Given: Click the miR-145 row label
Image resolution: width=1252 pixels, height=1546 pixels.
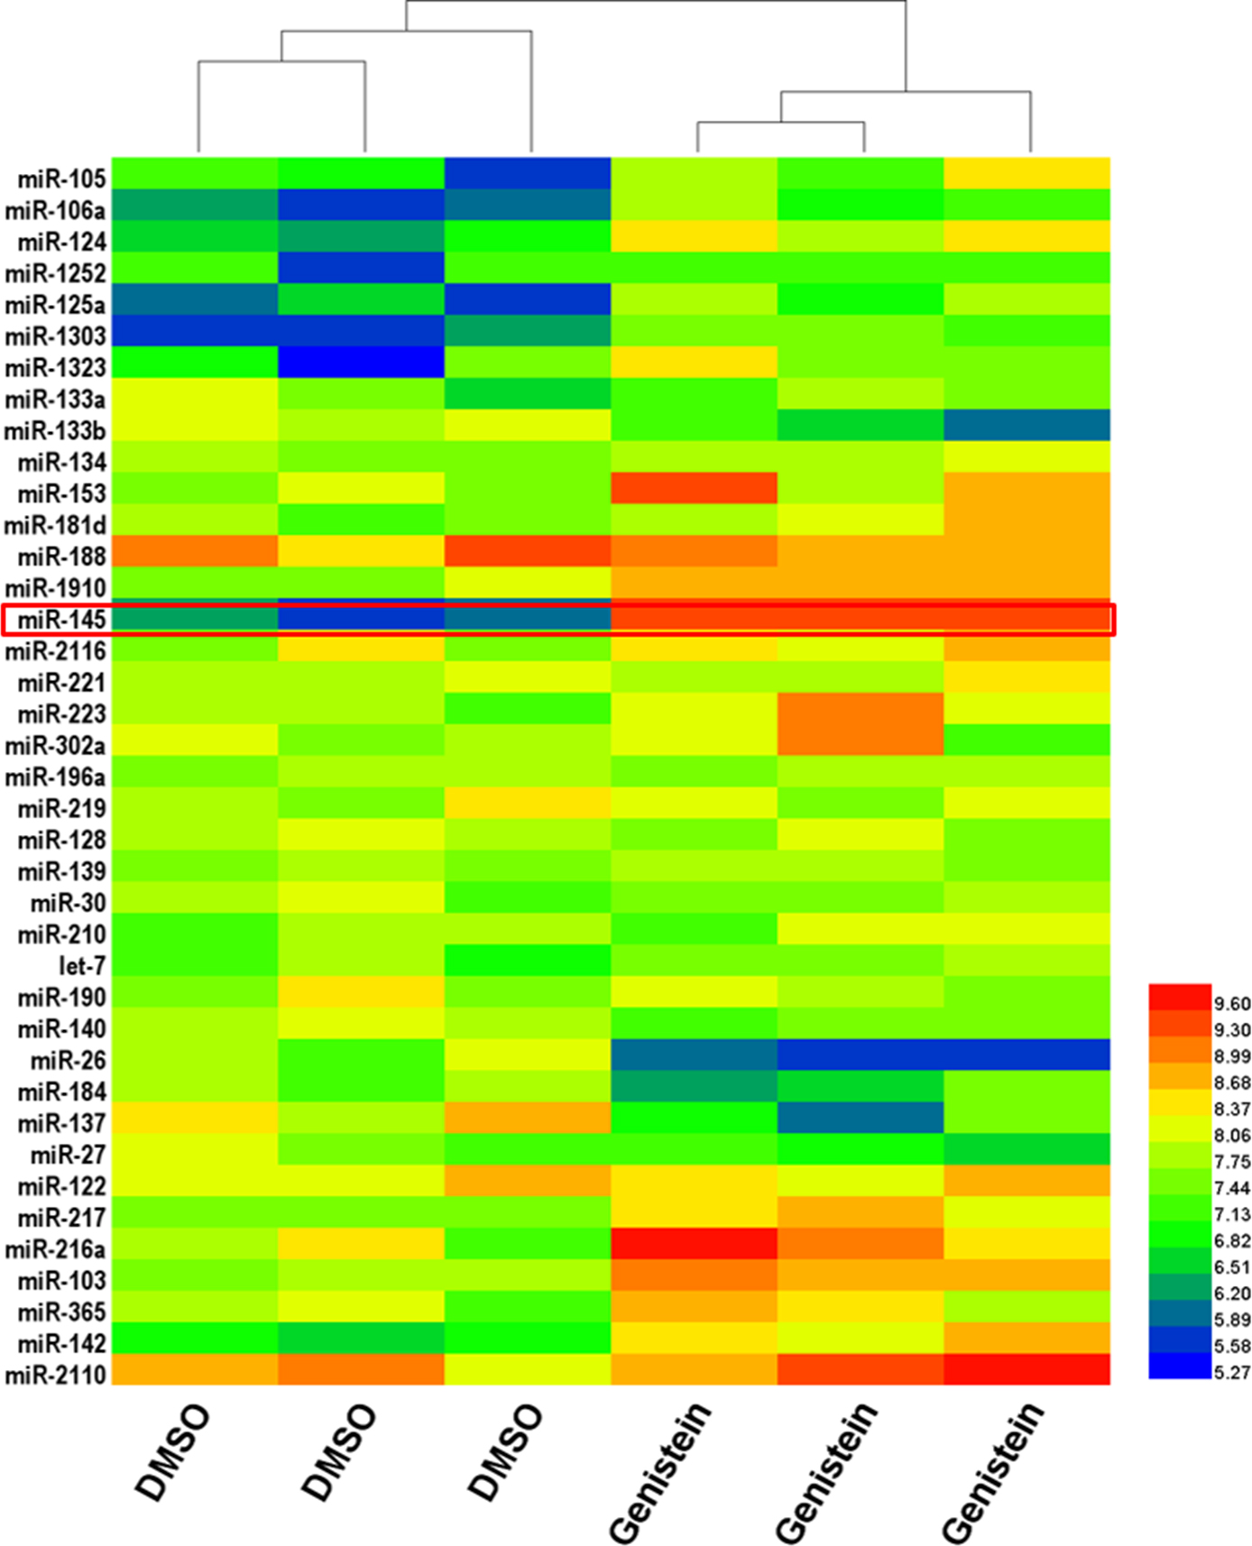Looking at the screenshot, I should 62,620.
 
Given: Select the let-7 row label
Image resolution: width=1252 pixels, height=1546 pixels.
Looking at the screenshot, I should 82,966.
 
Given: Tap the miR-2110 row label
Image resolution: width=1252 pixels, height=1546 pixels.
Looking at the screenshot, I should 56,1375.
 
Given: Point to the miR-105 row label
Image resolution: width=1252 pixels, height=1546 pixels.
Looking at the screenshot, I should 62,179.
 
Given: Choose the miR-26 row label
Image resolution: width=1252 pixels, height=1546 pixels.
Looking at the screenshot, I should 69,1061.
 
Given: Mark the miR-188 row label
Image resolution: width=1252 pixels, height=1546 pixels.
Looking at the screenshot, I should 62,557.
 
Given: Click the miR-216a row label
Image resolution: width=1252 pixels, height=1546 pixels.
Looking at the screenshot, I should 56,1249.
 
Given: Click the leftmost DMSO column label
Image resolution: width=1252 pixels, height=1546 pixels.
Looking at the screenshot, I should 171,1452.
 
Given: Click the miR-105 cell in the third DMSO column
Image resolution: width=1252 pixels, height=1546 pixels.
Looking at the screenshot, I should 528,173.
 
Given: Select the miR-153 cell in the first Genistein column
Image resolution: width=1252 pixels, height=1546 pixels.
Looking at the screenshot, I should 694,488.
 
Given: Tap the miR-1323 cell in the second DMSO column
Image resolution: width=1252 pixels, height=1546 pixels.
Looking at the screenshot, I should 361,363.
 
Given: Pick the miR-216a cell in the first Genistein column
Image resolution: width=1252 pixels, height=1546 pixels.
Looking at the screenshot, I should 694,1243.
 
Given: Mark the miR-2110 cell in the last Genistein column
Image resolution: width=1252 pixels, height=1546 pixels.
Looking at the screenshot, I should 1026,1369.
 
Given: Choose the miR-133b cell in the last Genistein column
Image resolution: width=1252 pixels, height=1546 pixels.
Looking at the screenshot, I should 1026,425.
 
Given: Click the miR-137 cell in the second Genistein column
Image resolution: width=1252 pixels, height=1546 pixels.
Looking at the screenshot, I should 861,1118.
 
